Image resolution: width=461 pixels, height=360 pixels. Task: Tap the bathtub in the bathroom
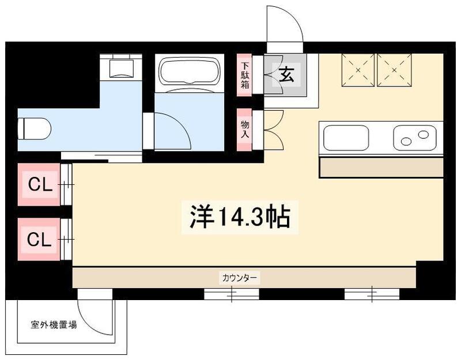point(188,71)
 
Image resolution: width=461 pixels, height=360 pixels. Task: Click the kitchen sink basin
point(346,138)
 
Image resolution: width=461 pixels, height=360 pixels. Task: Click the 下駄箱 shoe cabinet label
point(245,74)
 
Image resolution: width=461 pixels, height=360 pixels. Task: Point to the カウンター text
point(240,278)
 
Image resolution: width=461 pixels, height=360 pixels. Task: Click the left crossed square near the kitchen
point(358,70)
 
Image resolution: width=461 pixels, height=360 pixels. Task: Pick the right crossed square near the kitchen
point(395,70)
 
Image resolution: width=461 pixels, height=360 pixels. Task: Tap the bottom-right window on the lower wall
point(372,295)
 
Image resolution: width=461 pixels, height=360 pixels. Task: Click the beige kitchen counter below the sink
point(381,168)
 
